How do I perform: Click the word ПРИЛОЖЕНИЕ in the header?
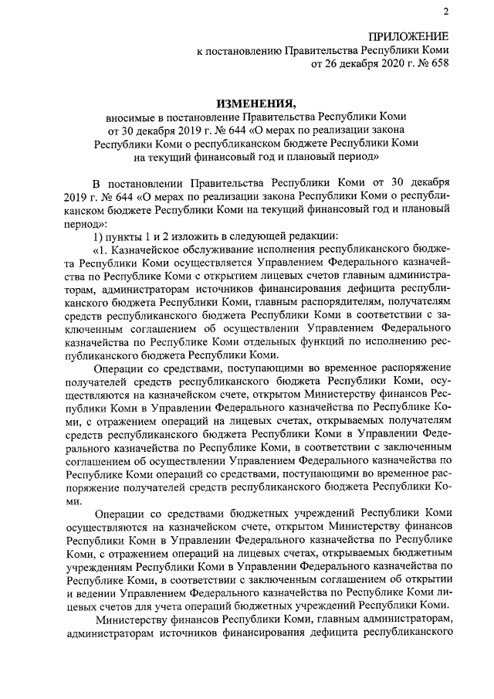pyautogui.click(x=408, y=36)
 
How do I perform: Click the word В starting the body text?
pyautogui.click(x=96, y=182)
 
